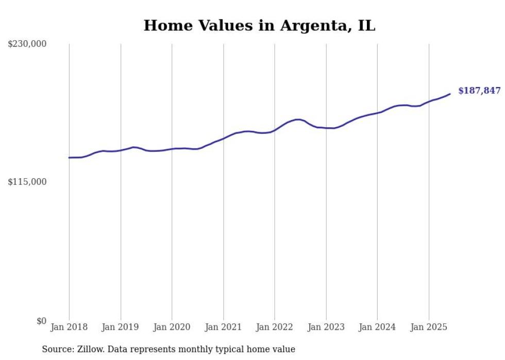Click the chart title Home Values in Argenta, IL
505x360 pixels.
point(259,25)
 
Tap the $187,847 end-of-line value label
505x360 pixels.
point(479,91)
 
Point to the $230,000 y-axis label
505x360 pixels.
point(27,44)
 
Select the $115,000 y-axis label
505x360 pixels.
point(27,182)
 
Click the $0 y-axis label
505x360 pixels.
point(41,321)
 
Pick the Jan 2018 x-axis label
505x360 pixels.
point(69,327)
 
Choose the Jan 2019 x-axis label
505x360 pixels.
point(121,327)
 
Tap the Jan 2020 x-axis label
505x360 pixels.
point(172,327)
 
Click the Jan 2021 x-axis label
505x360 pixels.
point(223,327)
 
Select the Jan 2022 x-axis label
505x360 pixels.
point(275,327)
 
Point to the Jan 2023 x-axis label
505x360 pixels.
point(326,327)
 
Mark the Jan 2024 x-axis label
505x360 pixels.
point(377,327)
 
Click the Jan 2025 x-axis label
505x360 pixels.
point(429,327)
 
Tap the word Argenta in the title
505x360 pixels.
point(314,25)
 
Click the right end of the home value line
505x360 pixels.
point(450,94)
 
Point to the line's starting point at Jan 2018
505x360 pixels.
point(69,158)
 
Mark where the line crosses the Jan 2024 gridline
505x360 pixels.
point(377,112)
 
